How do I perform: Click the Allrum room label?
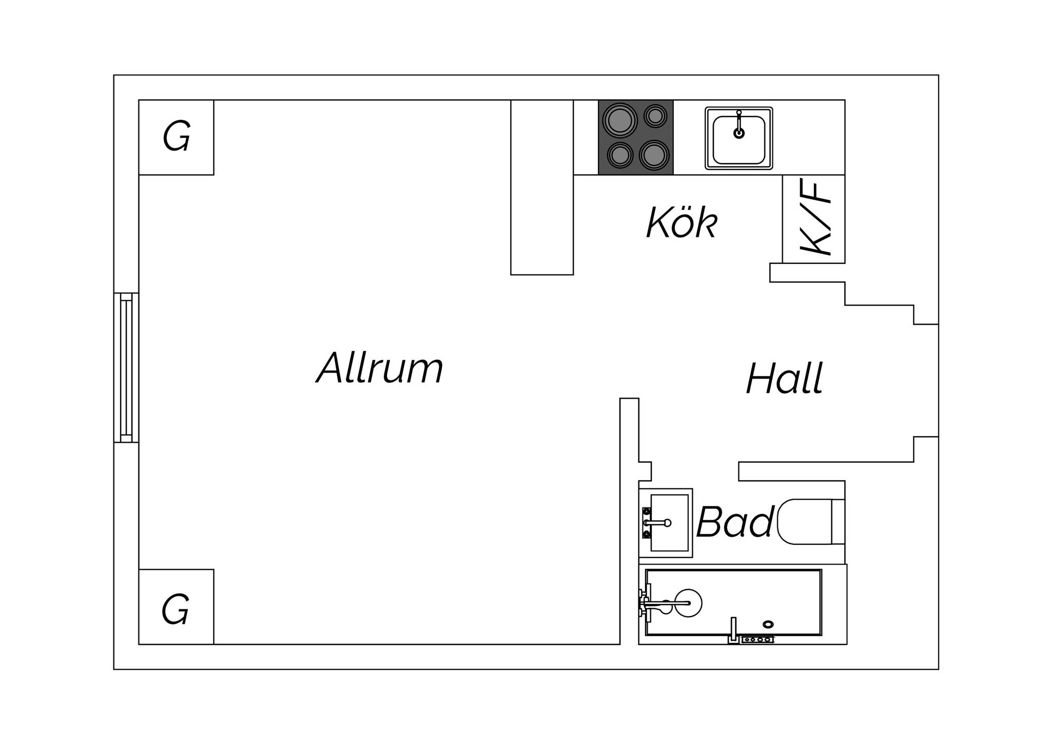pyautogui.click(x=379, y=367)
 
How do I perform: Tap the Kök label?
pyautogui.click(x=682, y=222)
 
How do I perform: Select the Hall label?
pyautogui.click(x=784, y=378)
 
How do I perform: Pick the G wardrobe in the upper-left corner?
pyautogui.click(x=176, y=137)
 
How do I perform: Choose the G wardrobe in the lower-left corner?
pyautogui.click(x=176, y=607)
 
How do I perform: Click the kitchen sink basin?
pyautogui.click(x=738, y=139)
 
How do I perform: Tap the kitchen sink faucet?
pyautogui.click(x=738, y=125)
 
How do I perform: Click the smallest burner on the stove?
pyautogui.click(x=655, y=116)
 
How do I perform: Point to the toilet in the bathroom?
pyautogui.click(x=811, y=521)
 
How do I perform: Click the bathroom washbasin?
pyautogui.click(x=666, y=523)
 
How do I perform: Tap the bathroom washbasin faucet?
pyautogui.click(x=656, y=523)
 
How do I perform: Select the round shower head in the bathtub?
pyautogui.click(x=688, y=603)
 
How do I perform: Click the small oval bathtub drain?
pyautogui.click(x=768, y=624)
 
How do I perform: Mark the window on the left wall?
pyautogui.click(x=126, y=367)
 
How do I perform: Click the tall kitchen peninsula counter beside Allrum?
pyautogui.click(x=542, y=187)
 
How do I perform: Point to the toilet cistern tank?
pyautogui.click(x=838, y=521)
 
